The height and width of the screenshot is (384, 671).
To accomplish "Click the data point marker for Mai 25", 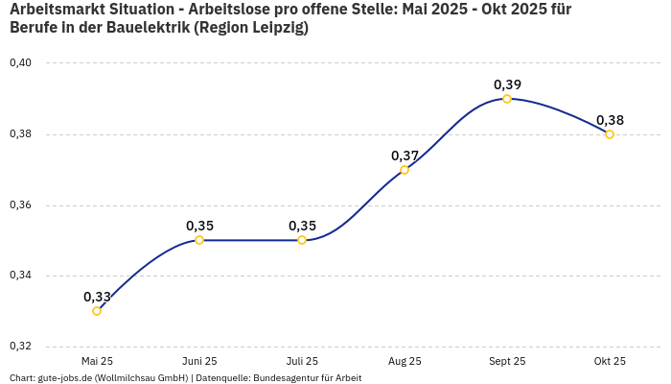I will click(97, 311).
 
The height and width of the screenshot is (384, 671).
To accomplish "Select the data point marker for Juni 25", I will click(199, 240).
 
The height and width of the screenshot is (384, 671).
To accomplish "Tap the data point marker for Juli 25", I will click(302, 240).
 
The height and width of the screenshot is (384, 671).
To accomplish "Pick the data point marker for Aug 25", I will click(405, 170).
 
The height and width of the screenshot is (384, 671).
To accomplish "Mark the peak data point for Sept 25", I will click(507, 99).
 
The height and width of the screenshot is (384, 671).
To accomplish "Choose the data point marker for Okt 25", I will click(610, 134).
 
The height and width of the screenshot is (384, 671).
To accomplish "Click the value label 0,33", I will click(97, 297).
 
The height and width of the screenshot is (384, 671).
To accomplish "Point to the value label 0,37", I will click(405, 156).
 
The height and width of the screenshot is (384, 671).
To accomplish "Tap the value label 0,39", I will click(507, 84).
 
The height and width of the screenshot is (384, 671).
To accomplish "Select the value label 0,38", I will click(610, 120).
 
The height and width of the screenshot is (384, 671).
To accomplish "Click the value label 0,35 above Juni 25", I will click(199, 226).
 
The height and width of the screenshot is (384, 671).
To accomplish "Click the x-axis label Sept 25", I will click(507, 362).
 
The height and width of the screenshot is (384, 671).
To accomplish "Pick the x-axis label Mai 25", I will click(97, 362).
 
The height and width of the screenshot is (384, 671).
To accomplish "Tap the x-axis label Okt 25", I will click(610, 362).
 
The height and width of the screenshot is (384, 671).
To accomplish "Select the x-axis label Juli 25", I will click(302, 362).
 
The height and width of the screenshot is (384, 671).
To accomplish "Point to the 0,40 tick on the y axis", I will click(20, 63).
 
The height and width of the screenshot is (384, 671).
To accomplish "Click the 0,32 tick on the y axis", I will click(20, 347).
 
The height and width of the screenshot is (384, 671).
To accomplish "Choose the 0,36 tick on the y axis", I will click(20, 205).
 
